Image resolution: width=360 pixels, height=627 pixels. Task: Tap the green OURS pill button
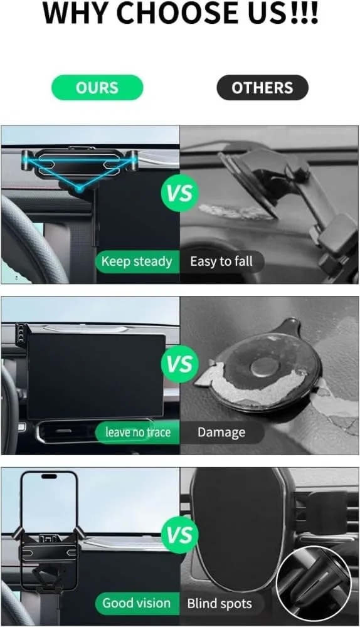point(97,88)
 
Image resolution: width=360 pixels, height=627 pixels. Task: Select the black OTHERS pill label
point(262,88)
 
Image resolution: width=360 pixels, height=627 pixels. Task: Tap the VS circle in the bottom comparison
point(180,535)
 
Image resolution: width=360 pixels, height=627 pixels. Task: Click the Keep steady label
point(137,261)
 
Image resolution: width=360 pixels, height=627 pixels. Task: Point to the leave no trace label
point(137,432)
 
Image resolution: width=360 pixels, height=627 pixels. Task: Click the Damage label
point(221,432)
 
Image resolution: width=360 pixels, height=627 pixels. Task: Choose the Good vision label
point(136,603)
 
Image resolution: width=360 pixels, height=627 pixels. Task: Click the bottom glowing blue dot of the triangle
point(79,188)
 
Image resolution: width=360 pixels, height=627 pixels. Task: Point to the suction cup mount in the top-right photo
point(248,185)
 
